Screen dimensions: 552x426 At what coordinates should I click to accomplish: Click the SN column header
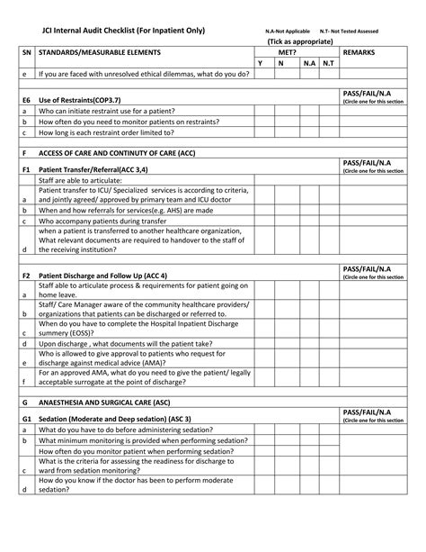coord(25,53)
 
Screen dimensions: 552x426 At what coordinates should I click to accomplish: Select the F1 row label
coord(26,168)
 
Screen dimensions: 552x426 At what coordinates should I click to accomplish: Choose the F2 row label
coord(26,274)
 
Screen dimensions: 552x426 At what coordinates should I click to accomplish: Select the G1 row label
coord(26,418)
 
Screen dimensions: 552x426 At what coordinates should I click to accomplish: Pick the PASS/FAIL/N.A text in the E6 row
coord(367,92)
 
